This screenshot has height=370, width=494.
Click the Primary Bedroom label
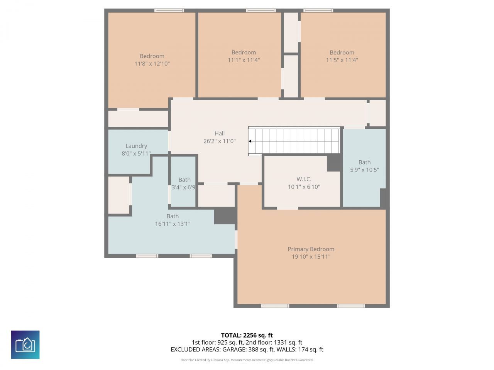311,249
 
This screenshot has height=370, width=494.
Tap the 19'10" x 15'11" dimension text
311,257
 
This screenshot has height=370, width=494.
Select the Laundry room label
136,146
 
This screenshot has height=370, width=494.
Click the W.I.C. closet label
304,179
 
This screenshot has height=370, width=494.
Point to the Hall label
220,133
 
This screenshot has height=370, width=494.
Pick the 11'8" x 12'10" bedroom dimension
152,64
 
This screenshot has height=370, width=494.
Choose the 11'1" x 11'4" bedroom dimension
244,60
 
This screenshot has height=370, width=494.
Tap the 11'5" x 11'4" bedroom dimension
342,60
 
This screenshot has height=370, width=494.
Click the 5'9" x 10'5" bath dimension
364,170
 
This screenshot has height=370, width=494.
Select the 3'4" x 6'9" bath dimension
183,188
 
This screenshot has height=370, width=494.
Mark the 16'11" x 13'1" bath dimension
173,224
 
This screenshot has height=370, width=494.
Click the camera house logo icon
25,345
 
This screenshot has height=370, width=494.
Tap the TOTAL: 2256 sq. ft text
247,335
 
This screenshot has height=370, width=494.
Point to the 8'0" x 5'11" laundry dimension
136,153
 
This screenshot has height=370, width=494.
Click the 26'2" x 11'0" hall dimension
220,141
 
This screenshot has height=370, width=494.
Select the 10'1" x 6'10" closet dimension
304,187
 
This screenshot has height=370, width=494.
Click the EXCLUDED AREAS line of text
247,350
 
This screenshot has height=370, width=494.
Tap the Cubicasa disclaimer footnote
247,360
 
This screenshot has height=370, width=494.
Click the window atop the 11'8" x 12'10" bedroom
169,10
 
